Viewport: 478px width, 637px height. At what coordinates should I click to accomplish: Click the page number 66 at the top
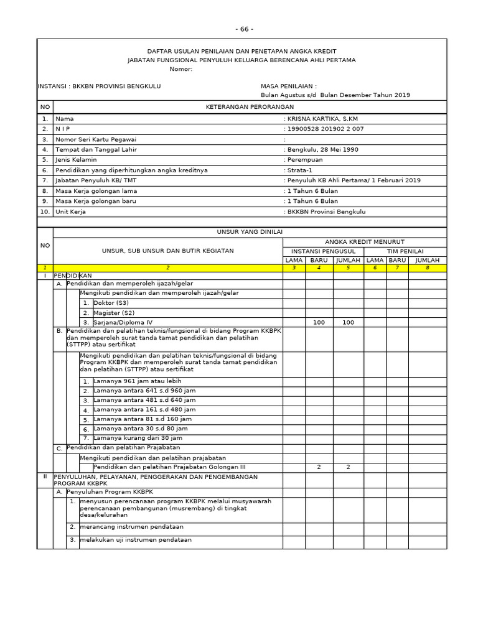pos(245,29)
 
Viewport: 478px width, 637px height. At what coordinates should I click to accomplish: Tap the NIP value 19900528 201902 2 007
pos(325,129)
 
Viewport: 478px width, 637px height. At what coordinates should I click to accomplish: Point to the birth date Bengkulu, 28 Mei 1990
pos(322,149)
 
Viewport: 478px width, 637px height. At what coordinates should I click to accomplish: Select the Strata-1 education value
pos(300,170)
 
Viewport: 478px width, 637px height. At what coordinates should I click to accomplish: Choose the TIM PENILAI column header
pos(405,251)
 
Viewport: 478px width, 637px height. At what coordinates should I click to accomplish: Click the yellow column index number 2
pos(167,267)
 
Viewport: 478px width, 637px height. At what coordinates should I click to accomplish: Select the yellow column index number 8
pos(427,267)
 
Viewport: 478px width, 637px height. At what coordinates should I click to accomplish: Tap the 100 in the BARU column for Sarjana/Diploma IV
pos(319,322)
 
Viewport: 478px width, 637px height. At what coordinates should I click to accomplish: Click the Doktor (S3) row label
pos(111,303)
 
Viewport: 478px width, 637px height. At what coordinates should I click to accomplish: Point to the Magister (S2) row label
pos(114,313)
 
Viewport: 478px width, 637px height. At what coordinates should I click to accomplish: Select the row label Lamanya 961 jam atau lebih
pos(138,381)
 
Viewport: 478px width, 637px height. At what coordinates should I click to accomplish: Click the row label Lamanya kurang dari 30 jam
pos(138,438)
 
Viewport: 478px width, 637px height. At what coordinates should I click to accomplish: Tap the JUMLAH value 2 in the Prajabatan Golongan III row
pos(348,467)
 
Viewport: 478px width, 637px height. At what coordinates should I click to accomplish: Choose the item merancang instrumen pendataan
pos(131,527)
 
